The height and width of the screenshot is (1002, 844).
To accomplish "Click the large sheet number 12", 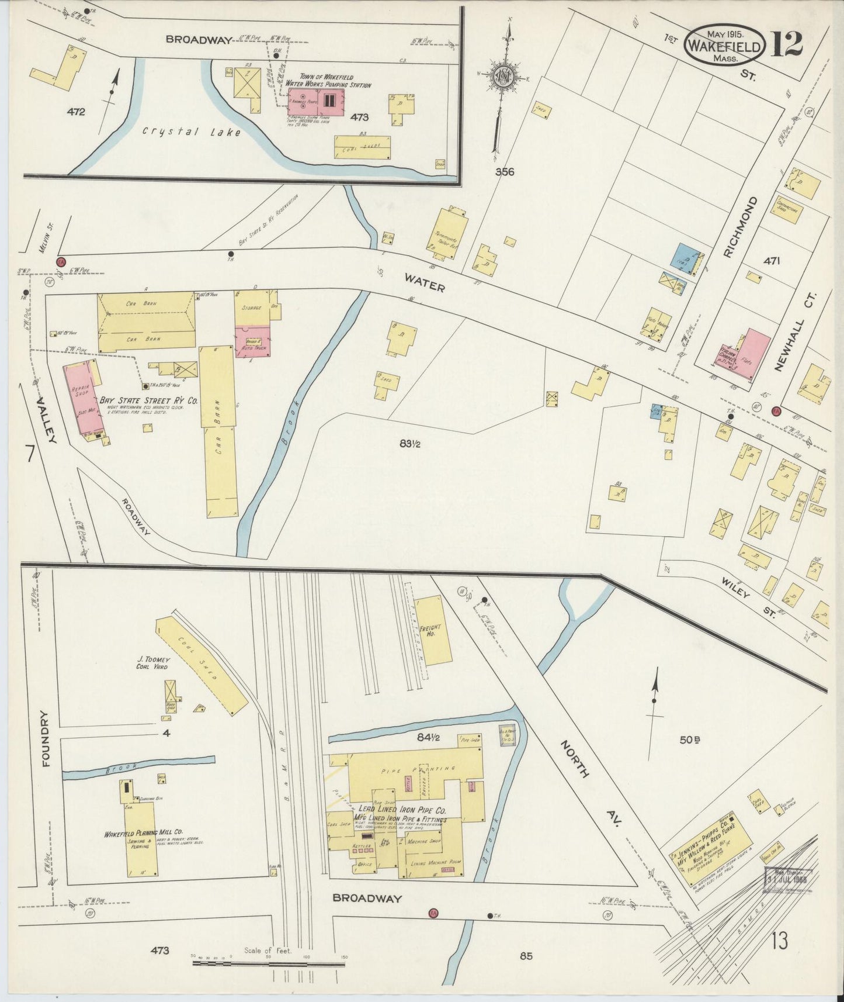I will coord(787,44).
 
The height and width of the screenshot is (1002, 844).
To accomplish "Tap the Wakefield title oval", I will coord(725,44).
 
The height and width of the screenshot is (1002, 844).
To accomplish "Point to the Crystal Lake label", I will coord(192,132).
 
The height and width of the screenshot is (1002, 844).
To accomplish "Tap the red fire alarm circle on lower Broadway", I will coord(433,913).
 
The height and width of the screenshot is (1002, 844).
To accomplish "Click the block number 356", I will coord(505,172).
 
